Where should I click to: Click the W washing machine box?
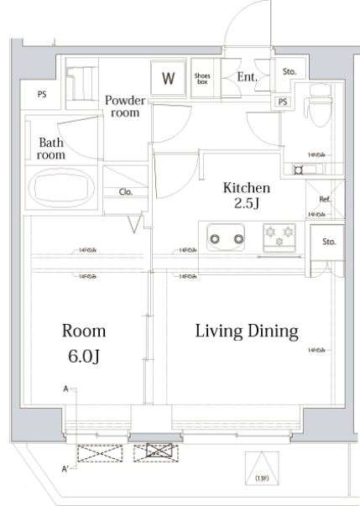tap(169, 80)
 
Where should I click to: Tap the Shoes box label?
tap(203, 79)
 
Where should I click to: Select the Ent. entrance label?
tap(247, 78)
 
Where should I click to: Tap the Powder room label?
tap(124, 107)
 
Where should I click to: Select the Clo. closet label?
tap(126, 192)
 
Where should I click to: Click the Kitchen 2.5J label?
tap(245, 196)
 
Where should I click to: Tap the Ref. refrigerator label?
tap(326, 200)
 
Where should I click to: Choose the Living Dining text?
tap(247, 331)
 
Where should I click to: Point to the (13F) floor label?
tap(260, 478)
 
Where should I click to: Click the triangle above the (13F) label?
tap(260, 462)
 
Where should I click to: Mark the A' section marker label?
tap(65, 469)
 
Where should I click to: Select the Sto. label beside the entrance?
tap(290, 72)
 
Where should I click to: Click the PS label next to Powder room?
tap(41, 95)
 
